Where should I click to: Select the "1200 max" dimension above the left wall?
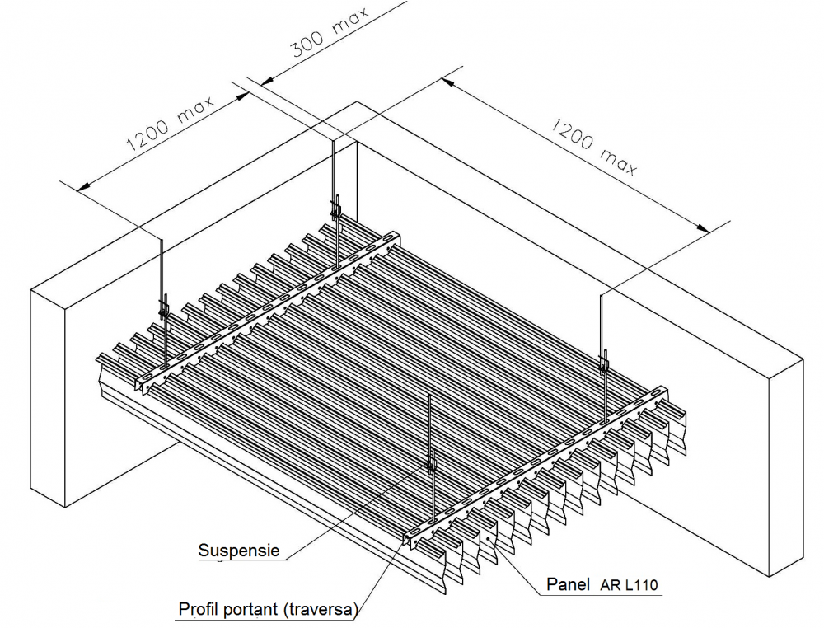click(170, 125)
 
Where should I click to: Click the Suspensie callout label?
click(239, 550)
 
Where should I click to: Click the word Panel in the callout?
click(569, 585)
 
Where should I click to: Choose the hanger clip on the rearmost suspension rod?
click(335, 207)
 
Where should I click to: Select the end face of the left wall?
click(49, 396)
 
